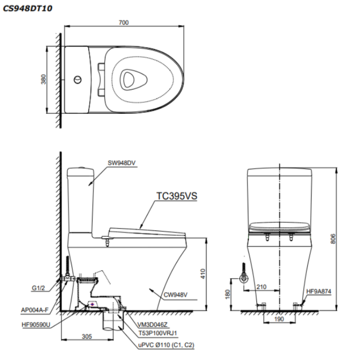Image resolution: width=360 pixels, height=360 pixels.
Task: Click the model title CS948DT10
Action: click(27, 7)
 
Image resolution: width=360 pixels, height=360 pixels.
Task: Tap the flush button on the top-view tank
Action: click(78, 81)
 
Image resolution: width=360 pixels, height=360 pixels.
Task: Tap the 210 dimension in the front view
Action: click(262, 286)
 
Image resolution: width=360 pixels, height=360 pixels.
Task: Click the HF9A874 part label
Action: click(319, 291)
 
